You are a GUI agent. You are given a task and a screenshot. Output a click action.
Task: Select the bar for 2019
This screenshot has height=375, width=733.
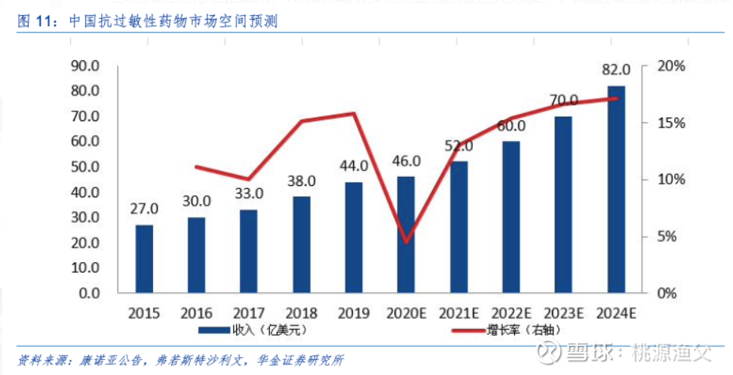pos(354,237)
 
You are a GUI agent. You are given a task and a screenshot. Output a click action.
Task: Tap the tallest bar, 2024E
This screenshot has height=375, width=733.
pos(616,189)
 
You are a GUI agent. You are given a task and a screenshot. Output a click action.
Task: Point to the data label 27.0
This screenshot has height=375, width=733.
pos(143,209)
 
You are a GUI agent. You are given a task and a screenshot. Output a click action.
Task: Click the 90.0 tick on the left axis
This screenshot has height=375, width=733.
pos(84,66)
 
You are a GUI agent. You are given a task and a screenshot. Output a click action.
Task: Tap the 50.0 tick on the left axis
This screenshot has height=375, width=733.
pos(84,167)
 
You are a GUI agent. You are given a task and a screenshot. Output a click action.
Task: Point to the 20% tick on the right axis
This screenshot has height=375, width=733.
pos(669,66)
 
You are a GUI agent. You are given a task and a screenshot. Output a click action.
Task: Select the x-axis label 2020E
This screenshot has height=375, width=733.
pos(407,312)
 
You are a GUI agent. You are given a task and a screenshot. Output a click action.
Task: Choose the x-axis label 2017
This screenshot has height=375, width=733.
pos(248,312)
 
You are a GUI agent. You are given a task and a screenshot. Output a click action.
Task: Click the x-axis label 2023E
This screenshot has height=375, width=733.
pos(564,312)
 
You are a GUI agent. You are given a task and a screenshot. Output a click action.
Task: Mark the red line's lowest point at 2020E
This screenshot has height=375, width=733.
pos(407,242)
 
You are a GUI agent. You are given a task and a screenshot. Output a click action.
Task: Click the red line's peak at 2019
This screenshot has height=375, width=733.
pos(354,114)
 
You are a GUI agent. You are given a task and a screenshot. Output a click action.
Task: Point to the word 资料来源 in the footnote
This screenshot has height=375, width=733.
pos(38,358)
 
